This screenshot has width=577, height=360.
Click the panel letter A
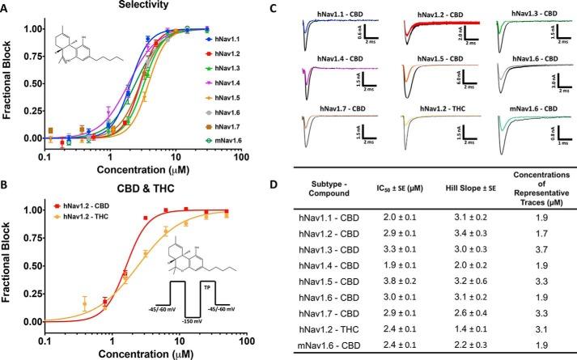[6, 8]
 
